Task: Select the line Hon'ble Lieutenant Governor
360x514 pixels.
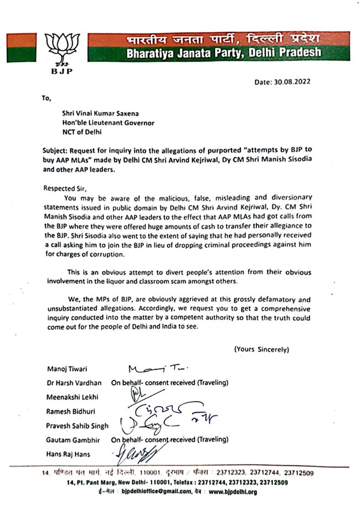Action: [107, 123]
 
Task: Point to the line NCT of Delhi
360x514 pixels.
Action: [83, 133]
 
